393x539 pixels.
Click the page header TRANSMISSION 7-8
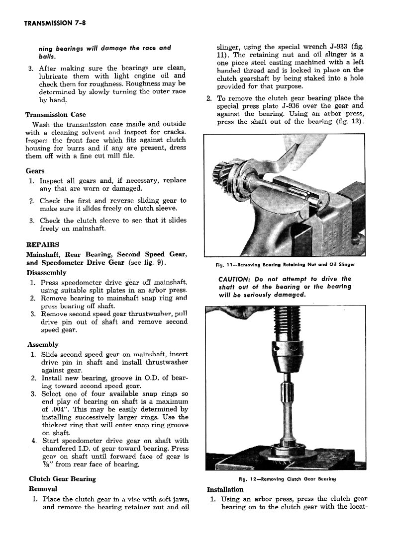pyautogui.click(x=56, y=23)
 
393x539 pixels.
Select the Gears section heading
pyautogui.click(x=35, y=171)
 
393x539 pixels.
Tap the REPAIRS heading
pyautogui.click(x=42, y=244)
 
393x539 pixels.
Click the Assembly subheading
pyautogui.click(x=43, y=344)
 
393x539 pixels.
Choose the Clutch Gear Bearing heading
pyautogui.click(x=62, y=479)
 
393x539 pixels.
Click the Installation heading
pyautogui.click(x=225, y=489)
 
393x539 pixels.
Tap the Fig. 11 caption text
pyautogui.click(x=282, y=264)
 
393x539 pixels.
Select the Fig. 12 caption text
pyautogui.click(x=288, y=479)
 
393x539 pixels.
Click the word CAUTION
pyautogui.click(x=235, y=279)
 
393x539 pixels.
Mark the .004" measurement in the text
pyautogui.click(x=57, y=409)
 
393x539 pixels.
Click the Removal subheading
pyautogui.click(x=43, y=489)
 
